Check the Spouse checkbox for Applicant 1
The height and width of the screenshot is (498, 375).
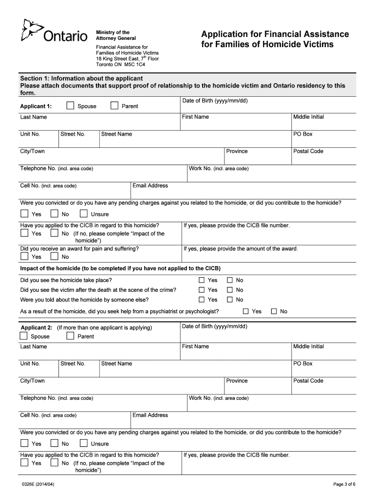(x=70, y=106)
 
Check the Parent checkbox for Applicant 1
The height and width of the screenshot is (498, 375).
(x=114, y=106)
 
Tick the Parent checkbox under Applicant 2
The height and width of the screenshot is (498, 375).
(x=70, y=336)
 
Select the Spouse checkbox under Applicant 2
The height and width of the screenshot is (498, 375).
(x=24, y=336)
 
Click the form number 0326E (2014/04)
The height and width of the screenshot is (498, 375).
(x=41, y=484)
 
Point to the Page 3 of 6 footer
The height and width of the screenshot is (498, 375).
(x=344, y=484)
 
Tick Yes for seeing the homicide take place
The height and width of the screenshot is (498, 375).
(x=201, y=280)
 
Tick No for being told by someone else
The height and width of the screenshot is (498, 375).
(x=230, y=300)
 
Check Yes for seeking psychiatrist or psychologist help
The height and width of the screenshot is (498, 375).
(x=245, y=311)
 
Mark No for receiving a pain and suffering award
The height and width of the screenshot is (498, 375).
(x=55, y=257)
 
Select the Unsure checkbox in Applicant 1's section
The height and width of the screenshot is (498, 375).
(x=83, y=213)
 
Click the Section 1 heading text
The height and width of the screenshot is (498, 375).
(x=81, y=78)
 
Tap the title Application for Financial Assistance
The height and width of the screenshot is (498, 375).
(x=275, y=34)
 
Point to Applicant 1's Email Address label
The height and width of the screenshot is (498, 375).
(x=150, y=186)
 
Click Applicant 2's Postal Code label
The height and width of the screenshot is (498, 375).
(x=308, y=381)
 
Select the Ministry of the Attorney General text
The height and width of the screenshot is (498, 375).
(x=115, y=35)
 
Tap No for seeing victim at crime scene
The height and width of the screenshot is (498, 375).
(x=230, y=290)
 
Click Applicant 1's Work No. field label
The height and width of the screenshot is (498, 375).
(x=218, y=168)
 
